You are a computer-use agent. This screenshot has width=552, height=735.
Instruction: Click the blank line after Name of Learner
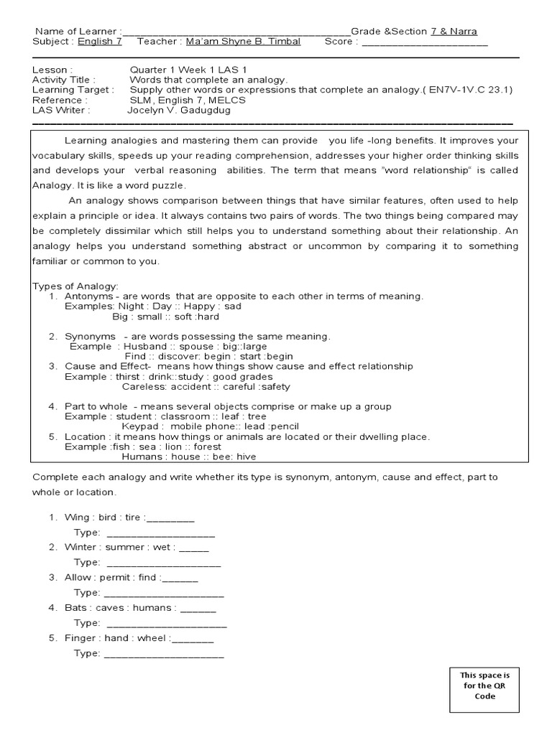pyautogui.click(x=236, y=32)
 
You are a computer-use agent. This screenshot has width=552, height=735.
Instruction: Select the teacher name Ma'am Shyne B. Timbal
pyautogui.click(x=243, y=42)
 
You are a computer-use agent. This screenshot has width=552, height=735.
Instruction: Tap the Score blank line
pyautogui.click(x=425, y=42)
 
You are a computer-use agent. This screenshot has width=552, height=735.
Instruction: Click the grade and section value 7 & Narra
pyautogui.click(x=454, y=32)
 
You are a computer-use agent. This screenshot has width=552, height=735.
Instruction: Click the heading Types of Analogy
pyautogui.click(x=75, y=286)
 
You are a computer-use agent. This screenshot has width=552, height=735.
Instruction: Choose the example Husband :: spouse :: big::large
pyautogui.click(x=192, y=346)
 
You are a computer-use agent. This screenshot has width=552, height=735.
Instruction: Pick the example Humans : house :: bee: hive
pyautogui.click(x=189, y=456)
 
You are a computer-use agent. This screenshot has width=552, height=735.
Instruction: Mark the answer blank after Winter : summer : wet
pyautogui.click(x=193, y=548)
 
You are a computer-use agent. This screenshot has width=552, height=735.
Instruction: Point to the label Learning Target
pyautogui.click(x=73, y=90)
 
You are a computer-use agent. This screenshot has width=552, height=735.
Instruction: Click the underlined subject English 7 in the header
pyautogui.click(x=100, y=42)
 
